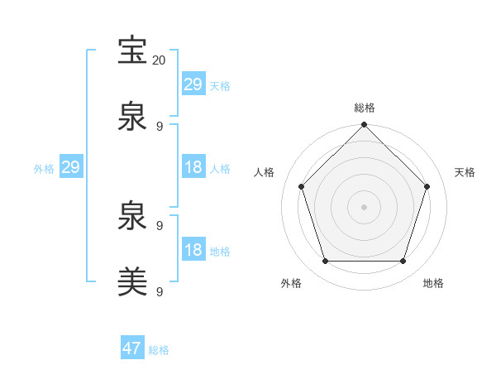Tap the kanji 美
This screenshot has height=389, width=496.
tap(132, 281)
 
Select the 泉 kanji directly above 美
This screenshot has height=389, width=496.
tap(132, 218)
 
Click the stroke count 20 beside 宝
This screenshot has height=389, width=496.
tap(159, 60)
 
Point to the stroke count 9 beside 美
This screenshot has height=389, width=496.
tap(159, 291)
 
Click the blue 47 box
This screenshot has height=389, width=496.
tap(132, 348)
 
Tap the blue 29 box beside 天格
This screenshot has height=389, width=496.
tap(193, 84)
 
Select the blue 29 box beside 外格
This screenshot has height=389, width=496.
tap(70, 167)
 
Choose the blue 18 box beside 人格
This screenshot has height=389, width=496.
tap(193, 167)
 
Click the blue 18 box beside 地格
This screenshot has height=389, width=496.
tap(193, 250)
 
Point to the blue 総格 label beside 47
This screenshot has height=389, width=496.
tap(159, 350)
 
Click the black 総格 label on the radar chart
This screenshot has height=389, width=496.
tap(364, 108)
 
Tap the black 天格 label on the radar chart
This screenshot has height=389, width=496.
tap(465, 172)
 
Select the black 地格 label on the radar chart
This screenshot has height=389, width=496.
tap(433, 283)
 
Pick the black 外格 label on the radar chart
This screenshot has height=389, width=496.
tap(291, 283)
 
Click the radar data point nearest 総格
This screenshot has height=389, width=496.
tap(364, 126)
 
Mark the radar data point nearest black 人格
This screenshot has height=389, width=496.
tap(301, 186)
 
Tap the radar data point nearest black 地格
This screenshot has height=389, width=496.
tap(403, 261)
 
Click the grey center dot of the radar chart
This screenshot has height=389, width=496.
tap(364, 206)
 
